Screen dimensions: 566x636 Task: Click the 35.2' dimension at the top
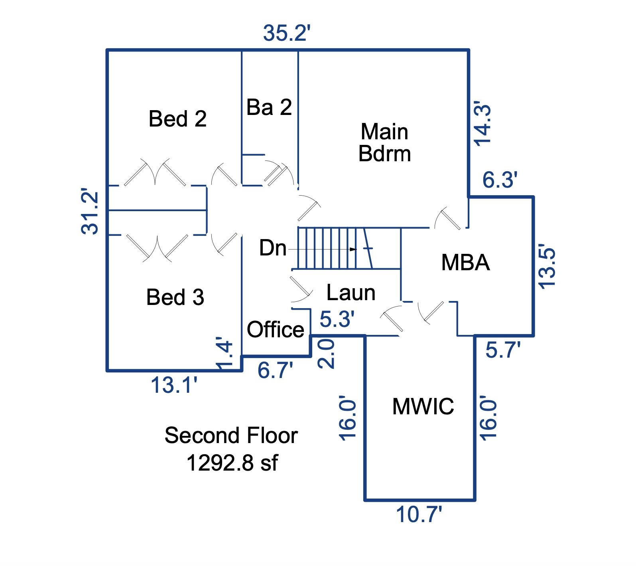(286, 34)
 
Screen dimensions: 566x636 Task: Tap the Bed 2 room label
(177, 119)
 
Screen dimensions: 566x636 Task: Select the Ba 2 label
(269, 107)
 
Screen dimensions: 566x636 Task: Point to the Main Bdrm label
(384, 142)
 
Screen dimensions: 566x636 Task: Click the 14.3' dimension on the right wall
(482, 125)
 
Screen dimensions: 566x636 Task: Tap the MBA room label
(465, 263)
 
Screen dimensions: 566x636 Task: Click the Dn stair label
(273, 248)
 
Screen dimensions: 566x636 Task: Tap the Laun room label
(351, 293)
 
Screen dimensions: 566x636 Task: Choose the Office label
(275, 330)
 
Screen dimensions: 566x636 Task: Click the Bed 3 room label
(175, 297)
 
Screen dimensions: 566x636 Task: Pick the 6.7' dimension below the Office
(276, 370)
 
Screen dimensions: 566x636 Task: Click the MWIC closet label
(423, 406)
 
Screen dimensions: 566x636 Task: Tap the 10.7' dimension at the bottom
(419, 515)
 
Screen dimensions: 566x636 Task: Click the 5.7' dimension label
(503, 351)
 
